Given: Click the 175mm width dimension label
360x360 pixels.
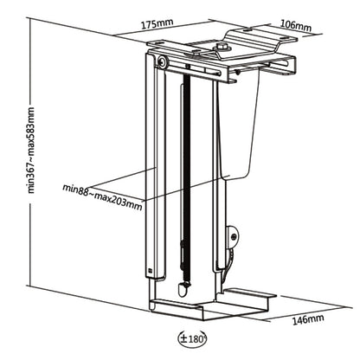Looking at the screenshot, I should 155,25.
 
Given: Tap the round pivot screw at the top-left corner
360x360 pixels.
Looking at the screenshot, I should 163,62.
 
